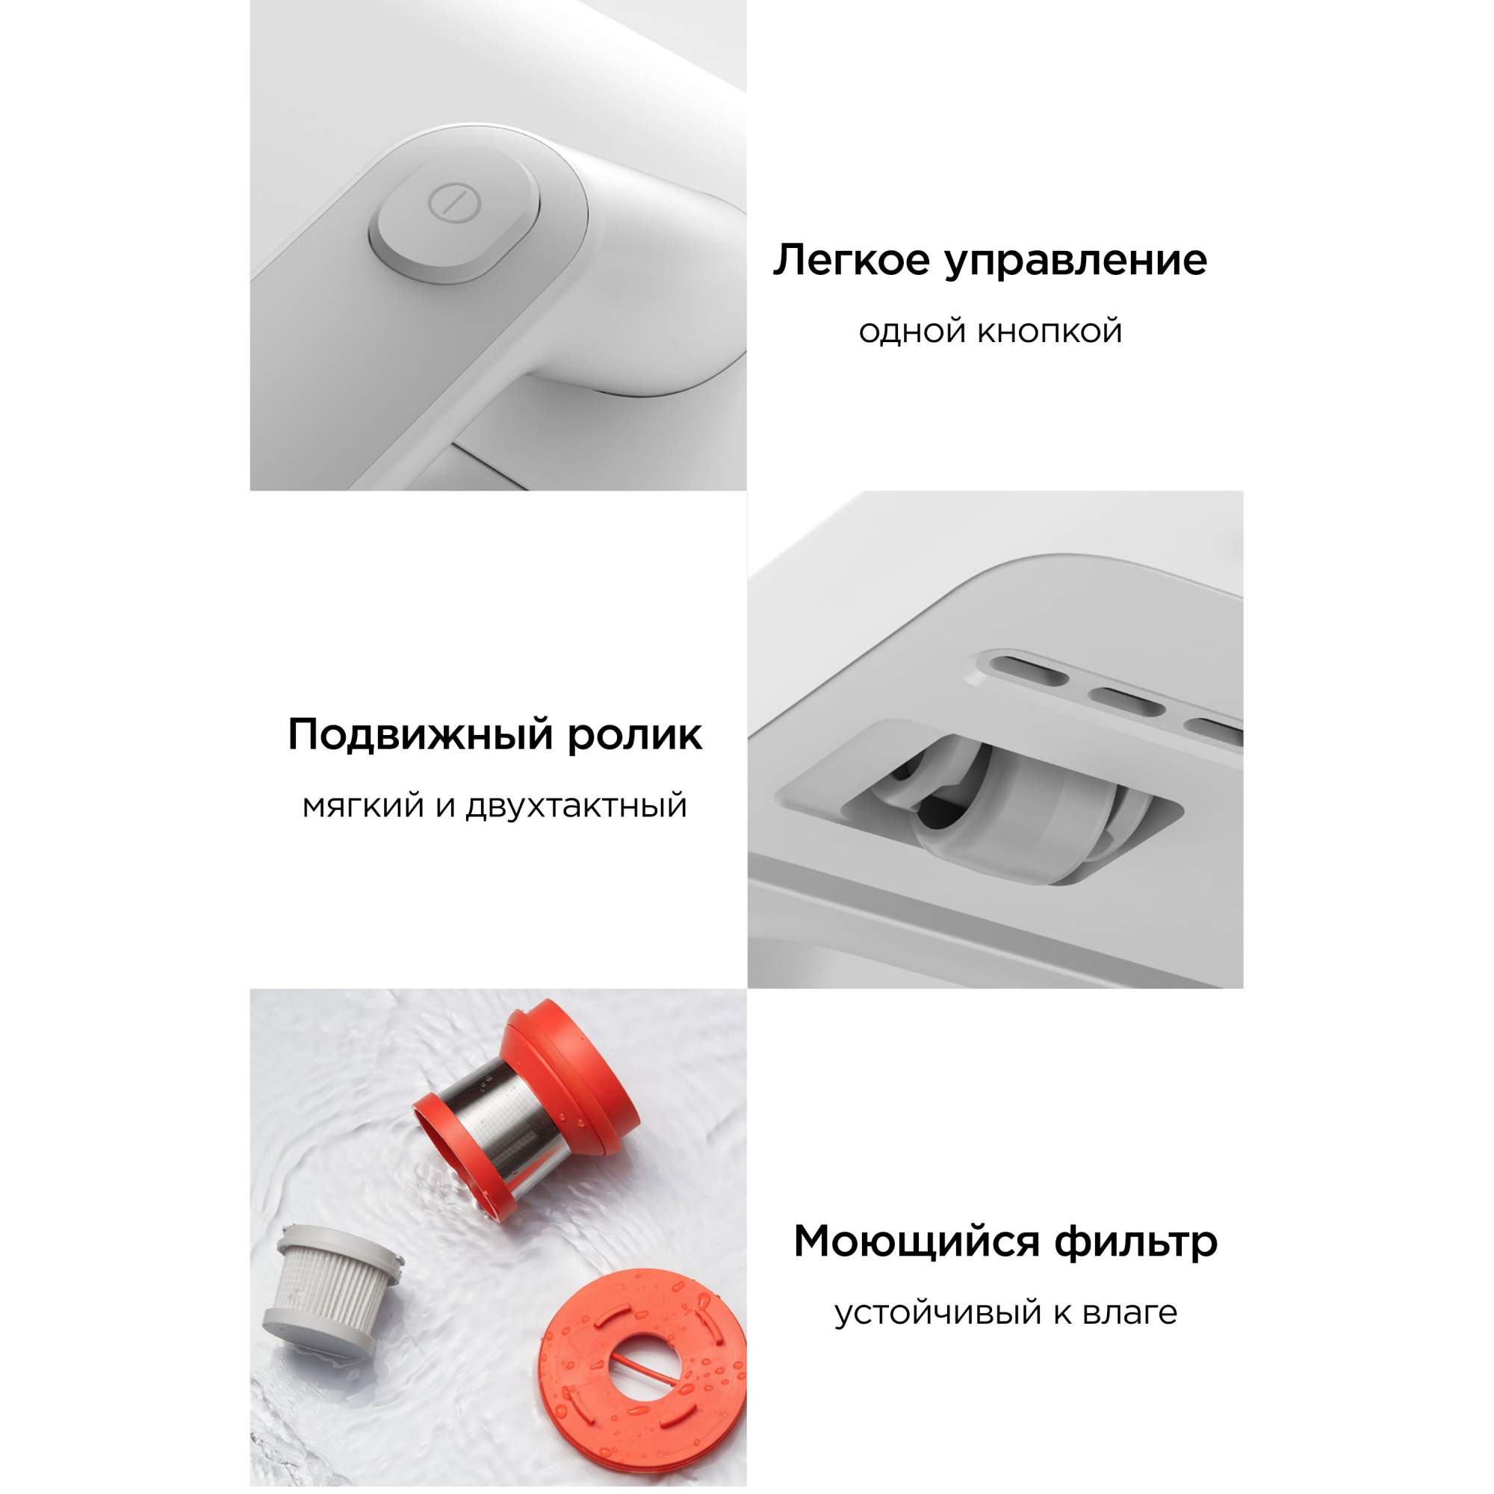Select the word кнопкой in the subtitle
pos(1050,332)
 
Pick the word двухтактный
pos(576,807)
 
